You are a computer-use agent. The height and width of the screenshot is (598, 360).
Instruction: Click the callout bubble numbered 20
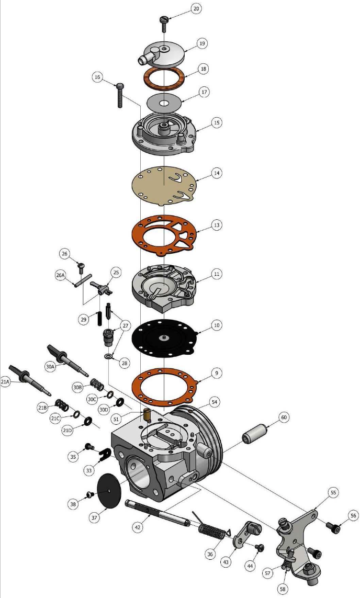click(196, 8)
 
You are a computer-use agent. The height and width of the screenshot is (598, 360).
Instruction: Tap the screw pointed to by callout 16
click(120, 95)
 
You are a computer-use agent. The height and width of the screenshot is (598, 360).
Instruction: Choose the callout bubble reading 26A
click(61, 275)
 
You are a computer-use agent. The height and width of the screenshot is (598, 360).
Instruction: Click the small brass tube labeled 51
click(147, 415)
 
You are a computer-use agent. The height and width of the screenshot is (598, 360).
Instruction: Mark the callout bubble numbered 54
click(215, 402)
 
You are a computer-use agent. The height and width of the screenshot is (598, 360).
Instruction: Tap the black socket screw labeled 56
click(333, 528)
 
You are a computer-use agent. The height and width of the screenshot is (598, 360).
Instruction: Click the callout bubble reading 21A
click(5, 382)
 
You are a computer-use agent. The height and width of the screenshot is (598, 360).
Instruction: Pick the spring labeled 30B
click(97, 384)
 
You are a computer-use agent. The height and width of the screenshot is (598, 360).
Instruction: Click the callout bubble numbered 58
click(283, 589)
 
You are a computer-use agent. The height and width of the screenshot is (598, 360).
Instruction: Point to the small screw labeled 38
click(91, 494)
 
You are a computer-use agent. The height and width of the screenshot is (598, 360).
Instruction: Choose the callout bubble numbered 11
click(217, 274)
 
